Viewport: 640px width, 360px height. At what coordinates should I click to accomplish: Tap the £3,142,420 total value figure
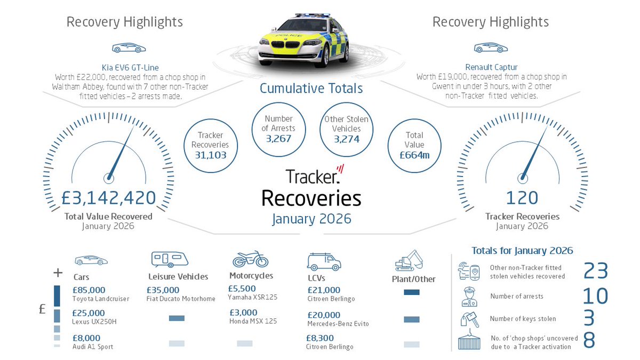click(x=108, y=198)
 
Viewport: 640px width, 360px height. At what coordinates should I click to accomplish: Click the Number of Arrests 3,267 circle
click(x=278, y=129)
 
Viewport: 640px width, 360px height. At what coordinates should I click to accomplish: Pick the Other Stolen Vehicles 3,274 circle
click(x=346, y=129)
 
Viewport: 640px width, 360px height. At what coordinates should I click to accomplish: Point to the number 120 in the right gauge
click(x=522, y=198)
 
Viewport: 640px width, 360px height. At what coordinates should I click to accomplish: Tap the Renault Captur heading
click(x=491, y=67)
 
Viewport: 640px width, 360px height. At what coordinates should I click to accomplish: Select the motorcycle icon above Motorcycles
click(x=250, y=259)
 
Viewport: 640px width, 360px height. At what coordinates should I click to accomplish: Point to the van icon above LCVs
click(x=323, y=261)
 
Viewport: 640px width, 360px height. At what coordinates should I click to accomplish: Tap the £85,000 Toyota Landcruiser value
click(x=89, y=290)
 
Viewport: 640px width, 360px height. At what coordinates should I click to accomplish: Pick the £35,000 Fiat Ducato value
click(x=163, y=290)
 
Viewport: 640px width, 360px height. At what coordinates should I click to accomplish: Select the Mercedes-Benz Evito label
click(x=338, y=324)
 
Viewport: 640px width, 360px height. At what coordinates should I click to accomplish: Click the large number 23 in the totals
click(x=596, y=271)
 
